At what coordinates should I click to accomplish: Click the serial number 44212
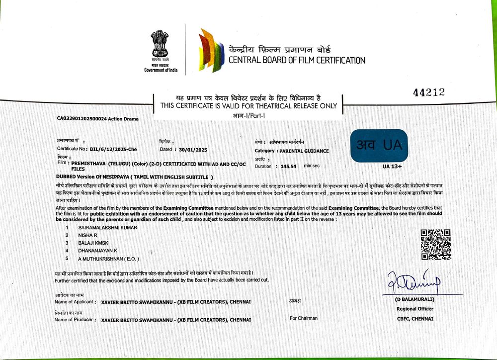click(429, 92)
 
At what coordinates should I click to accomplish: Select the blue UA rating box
click(379, 145)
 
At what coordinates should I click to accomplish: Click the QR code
click(435, 244)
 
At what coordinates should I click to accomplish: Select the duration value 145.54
click(288, 166)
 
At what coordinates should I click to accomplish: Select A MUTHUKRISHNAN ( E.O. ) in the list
click(109, 259)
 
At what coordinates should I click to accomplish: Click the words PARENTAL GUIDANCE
click(304, 151)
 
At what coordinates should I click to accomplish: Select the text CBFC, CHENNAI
click(415, 318)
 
